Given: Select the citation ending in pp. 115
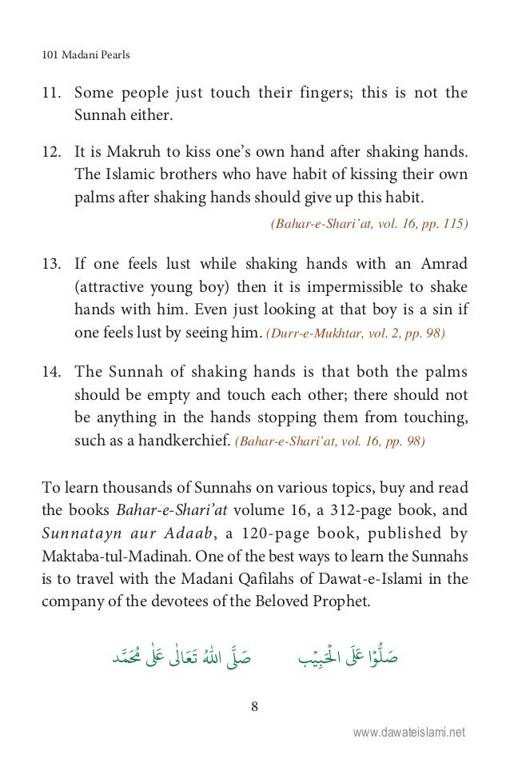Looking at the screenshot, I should point(369,225).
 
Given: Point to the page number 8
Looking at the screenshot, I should point(253,707).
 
